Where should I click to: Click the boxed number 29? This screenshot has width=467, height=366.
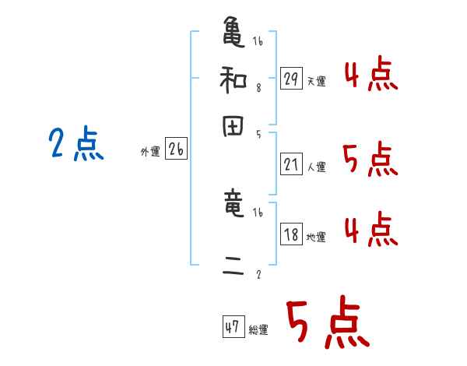(x=291, y=79)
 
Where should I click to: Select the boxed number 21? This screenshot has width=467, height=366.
(x=291, y=164)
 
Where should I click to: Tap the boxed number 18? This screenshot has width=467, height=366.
(x=291, y=234)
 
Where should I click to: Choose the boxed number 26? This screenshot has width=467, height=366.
(x=176, y=150)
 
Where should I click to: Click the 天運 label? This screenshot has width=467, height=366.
(x=316, y=81)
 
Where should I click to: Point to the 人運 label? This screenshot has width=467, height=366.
(x=316, y=167)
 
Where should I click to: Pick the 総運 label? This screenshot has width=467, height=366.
(x=258, y=330)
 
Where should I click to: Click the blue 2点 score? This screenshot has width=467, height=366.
(x=75, y=145)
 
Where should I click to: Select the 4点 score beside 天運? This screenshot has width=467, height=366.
(x=370, y=76)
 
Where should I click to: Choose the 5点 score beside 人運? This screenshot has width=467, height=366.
(x=370, y=160)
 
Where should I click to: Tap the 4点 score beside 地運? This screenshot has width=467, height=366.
(x=370, y=231)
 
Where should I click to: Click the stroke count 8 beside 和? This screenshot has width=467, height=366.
(x=258, y=88)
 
